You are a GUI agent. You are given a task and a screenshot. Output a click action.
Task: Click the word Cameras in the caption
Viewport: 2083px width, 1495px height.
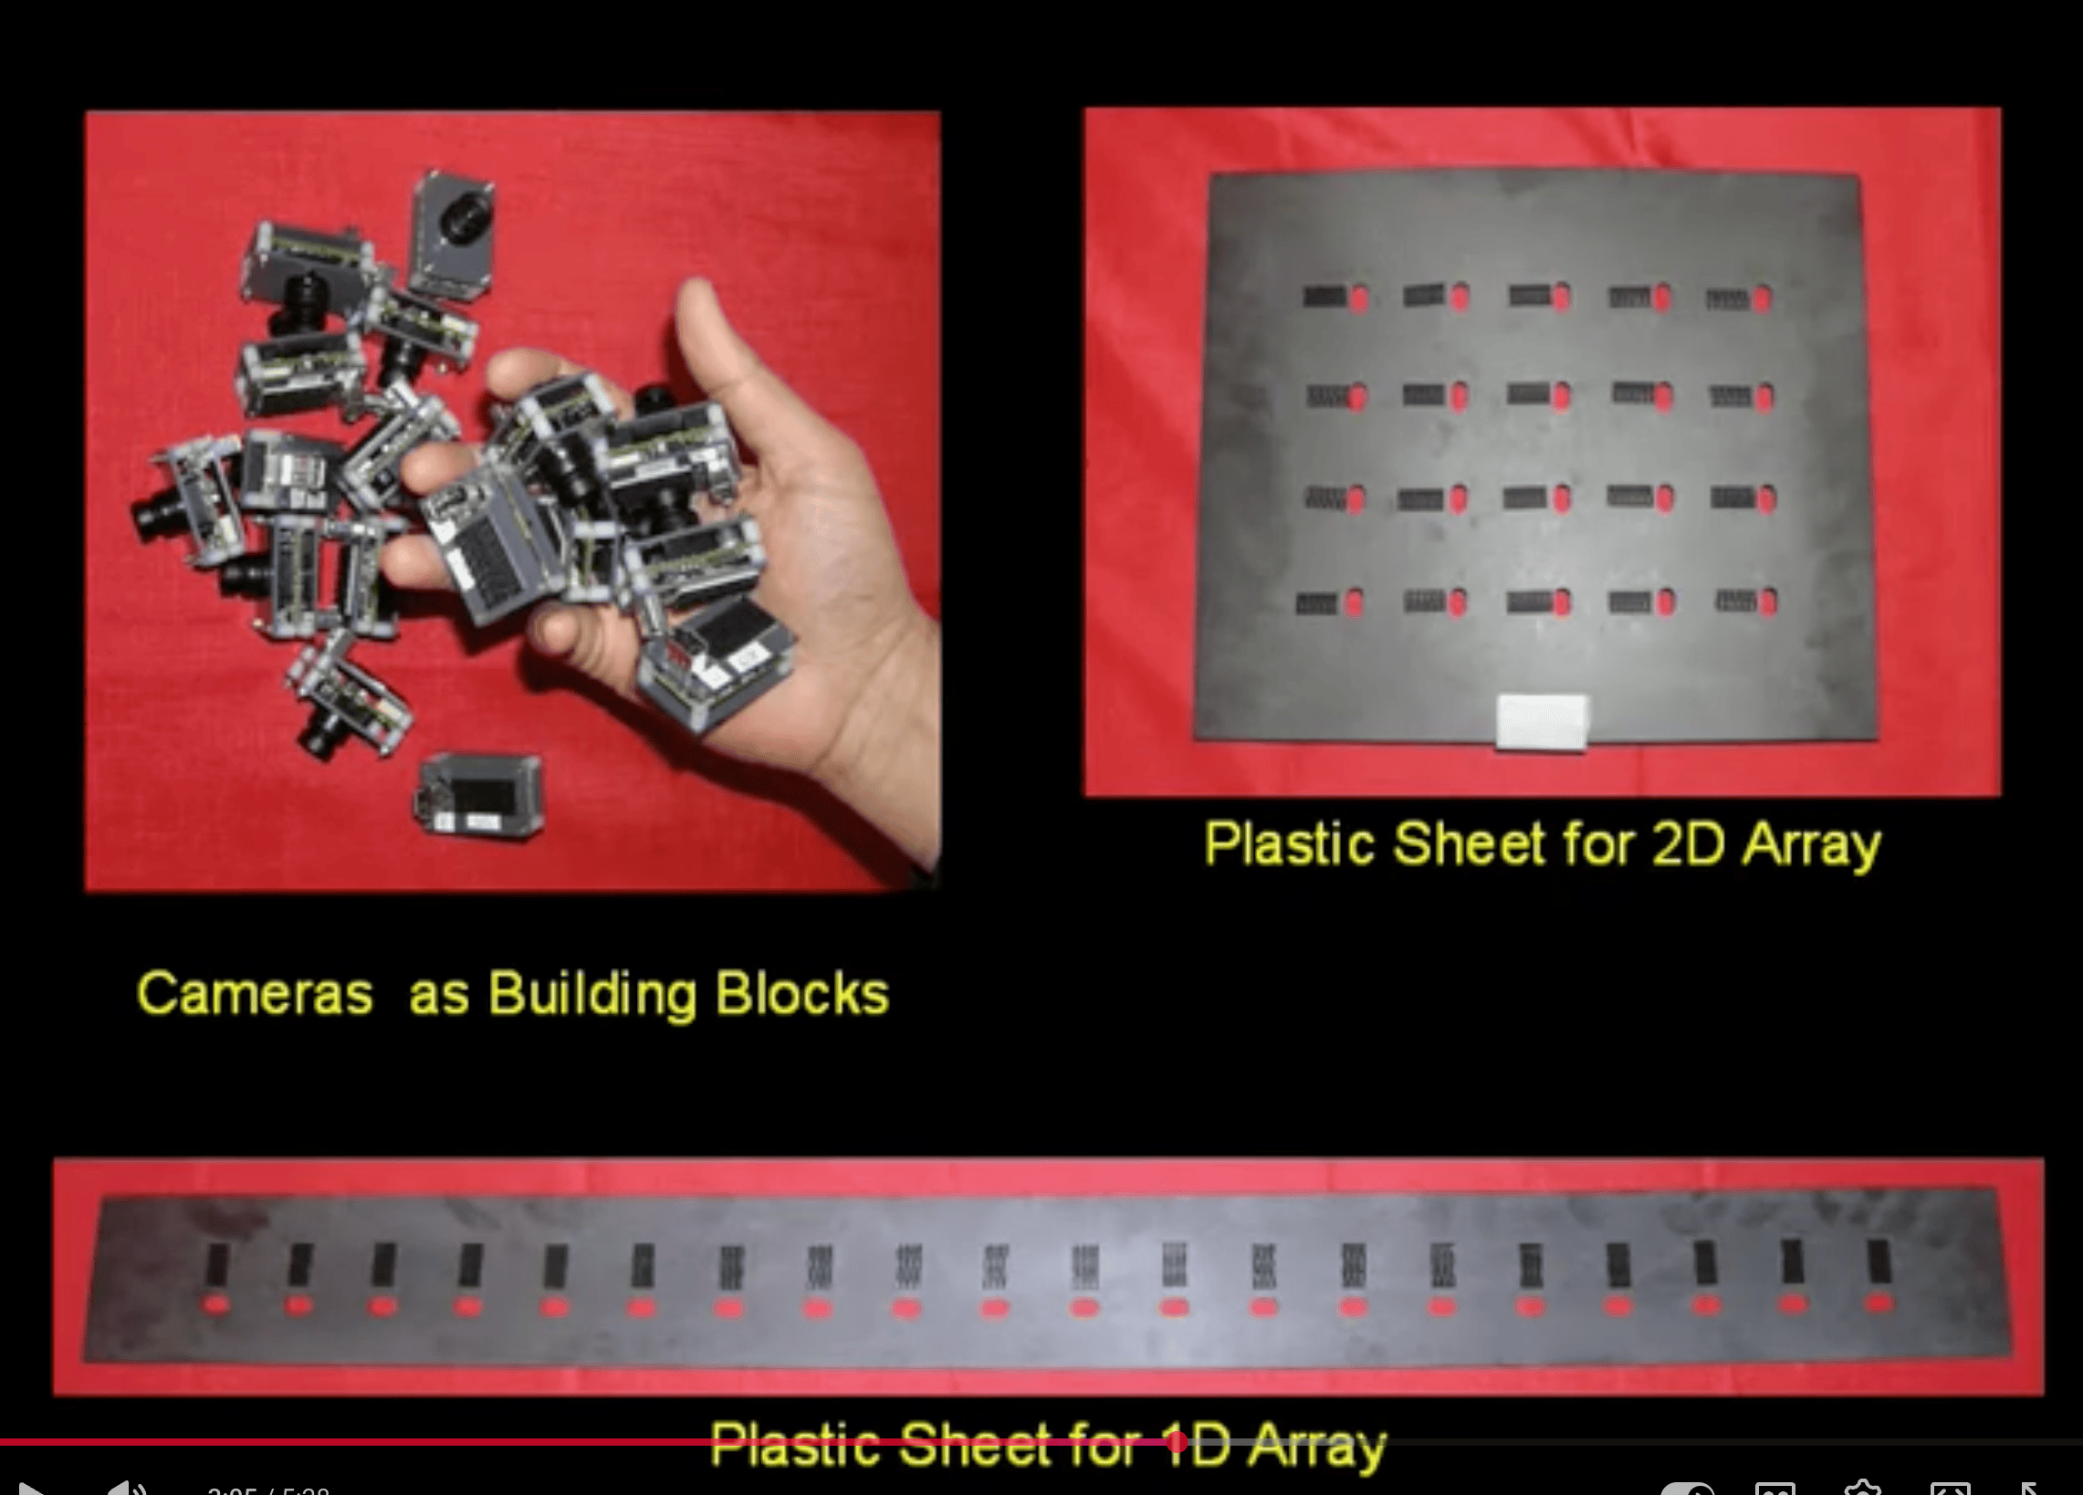[x=255, y=994]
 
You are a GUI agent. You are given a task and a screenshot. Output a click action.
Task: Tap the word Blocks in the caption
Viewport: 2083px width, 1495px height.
[x=801, y=994]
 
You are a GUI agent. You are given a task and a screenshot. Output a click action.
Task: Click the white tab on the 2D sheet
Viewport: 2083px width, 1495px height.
[x=1542, y=722]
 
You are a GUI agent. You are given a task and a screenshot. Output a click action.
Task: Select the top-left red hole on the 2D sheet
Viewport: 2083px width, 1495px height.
[x=1358, y=297]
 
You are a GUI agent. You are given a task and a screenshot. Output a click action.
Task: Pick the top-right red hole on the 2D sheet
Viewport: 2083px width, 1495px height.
[x=1763, y=298]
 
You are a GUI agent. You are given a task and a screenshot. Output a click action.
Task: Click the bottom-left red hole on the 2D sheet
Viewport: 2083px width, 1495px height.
[x=1353, y=601]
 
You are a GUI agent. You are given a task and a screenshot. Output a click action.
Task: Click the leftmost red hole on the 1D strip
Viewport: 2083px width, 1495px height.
[x=216, y=1304]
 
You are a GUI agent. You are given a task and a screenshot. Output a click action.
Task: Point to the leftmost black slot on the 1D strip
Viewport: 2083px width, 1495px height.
[x=216, y=1263]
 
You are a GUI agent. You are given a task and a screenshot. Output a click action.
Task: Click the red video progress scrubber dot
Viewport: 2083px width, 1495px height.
[x=1177, y=1443]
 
